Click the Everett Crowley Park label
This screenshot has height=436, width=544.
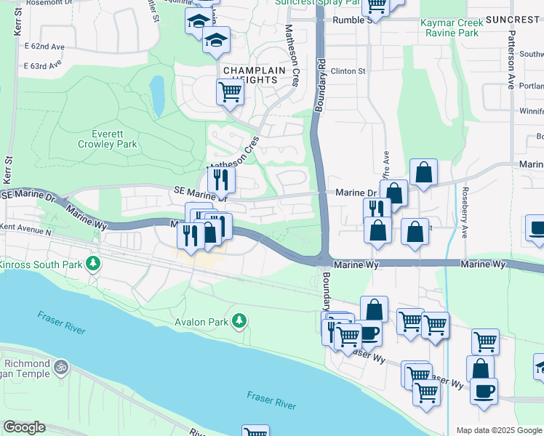pyautogui.click(x=115, y=139)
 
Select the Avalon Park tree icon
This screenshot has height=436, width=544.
pyautogui.click(x=239, y=320)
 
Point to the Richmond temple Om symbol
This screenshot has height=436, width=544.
pyautogui.click(x=62, y=368)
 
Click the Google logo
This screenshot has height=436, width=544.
pyautogui.click(x=24, y=427)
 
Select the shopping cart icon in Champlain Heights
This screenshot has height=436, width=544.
pyautogui.click(x=230, y=92)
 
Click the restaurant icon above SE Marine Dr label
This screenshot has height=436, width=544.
pyautogui.click(x=221, y=179)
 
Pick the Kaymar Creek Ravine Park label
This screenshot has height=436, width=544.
pyautogui.click(x=450, y=28)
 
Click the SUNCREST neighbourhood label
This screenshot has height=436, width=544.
pyautogui.click(x=514, y=19)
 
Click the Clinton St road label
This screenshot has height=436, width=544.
pyautogui.click(x=348, y=71)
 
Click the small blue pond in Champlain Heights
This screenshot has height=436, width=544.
pyautogui.click(x=156, y=94)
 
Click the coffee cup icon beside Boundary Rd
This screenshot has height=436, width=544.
pyautogui.click(x=369, y=333)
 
